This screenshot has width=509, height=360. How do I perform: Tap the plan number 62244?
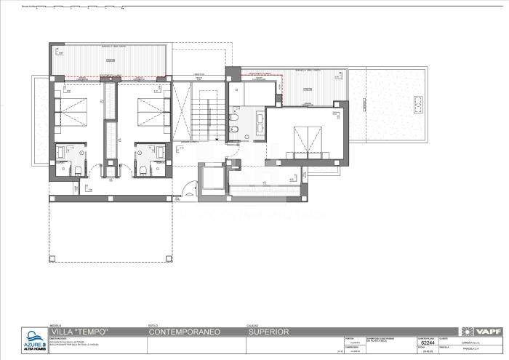(x=427, y=343)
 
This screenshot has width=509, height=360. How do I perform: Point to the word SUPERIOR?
(x=268, y=332)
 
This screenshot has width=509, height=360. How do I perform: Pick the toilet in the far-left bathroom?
(x=78, y=172)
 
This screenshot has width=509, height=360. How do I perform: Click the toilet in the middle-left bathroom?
(x=145, y=172)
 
